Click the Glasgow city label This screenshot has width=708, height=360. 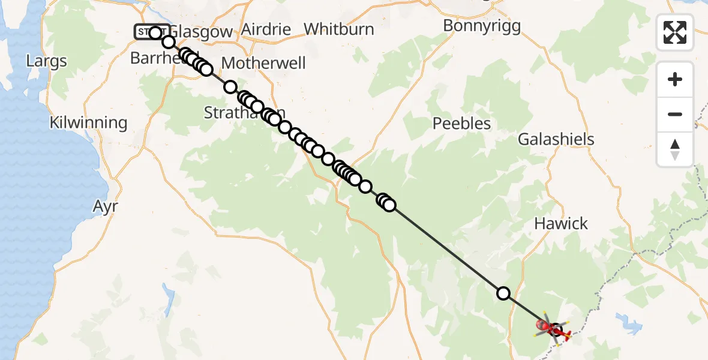(x=202, y=32)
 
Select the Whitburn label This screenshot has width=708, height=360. (x=338, y=29)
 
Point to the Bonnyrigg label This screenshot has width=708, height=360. (x=482, y=26)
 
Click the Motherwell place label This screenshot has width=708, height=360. (x=263, y=63)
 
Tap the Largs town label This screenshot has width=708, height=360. (x=47, y=61)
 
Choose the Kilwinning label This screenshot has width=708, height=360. (x=89, y=123)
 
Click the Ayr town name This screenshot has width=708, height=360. (x=105, y=206)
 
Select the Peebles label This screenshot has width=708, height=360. (x=462, y=124)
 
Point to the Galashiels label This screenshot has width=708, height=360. (x=556, y=139)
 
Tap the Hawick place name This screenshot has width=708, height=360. (x=561, y=224)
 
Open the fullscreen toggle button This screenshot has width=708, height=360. (x=675, y=32)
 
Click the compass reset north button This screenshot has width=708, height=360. (x=675, y=149)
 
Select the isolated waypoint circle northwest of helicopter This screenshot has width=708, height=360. (x=503, y=293)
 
